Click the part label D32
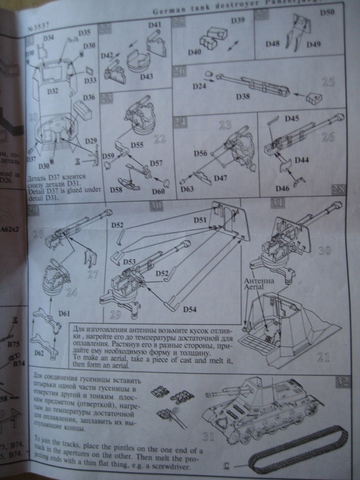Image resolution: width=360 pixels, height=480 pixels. click(x=52, y=91)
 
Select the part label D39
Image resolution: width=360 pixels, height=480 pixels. click(x=238, y=21)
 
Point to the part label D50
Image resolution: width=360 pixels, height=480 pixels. click(x=327, y=12)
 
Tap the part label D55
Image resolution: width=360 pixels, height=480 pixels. click(x=137, y=146)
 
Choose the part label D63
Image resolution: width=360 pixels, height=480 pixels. click(x=186, y=190)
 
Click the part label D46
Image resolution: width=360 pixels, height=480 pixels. click(x=282, y=188)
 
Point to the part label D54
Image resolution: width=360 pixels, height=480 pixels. click(x=190, y=310)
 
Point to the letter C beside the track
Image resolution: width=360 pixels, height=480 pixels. click(x=227, y=465)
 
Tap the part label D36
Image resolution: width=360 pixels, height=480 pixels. click(x=89, y=97)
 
